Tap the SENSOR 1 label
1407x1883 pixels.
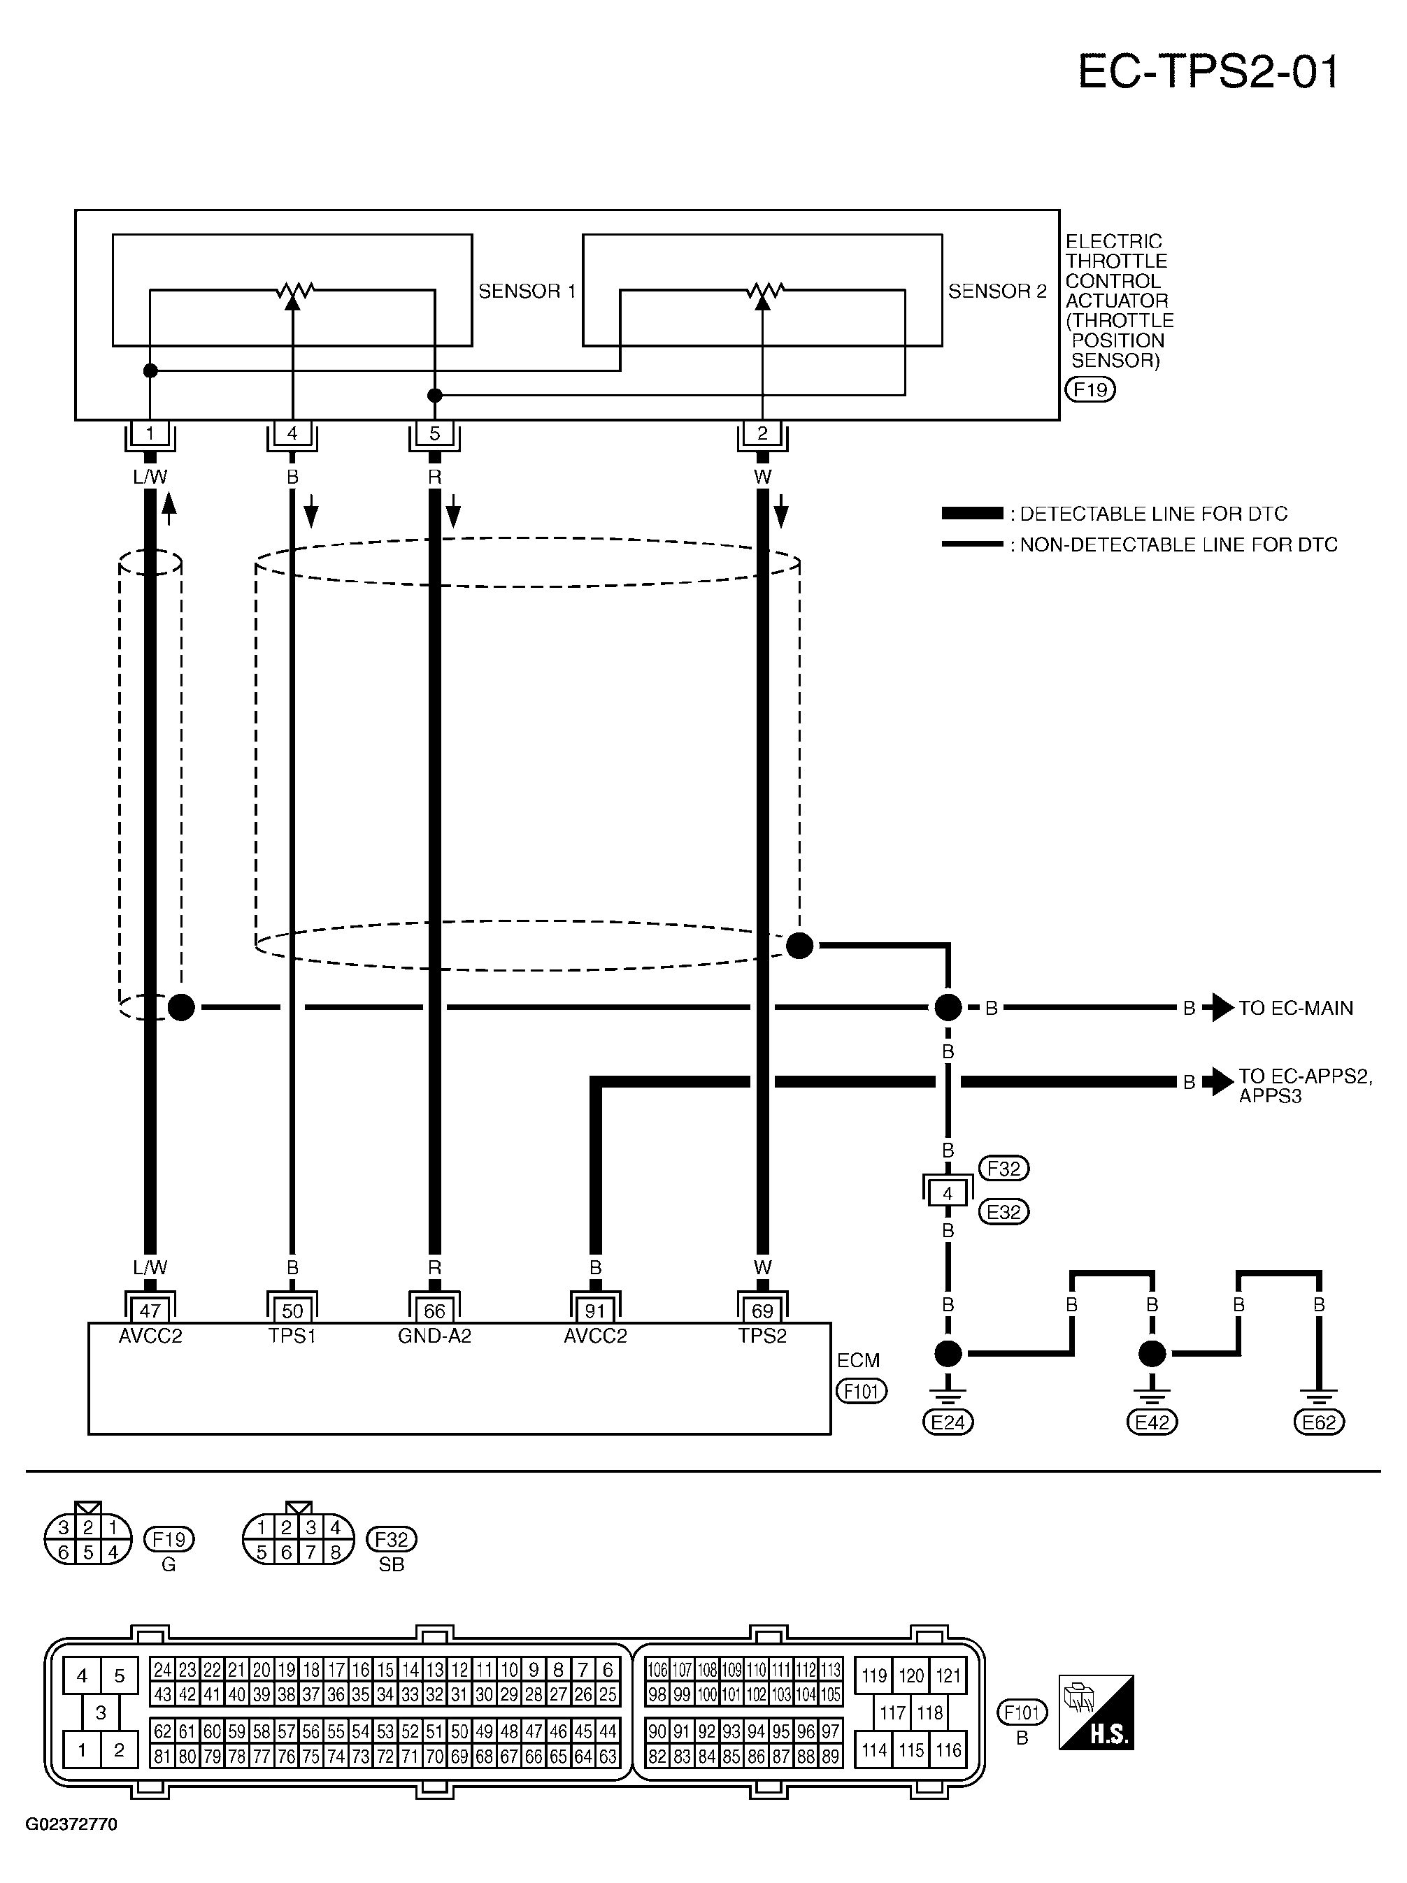click(x=527, y=291)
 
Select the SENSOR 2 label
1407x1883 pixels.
click(x=997, y=291)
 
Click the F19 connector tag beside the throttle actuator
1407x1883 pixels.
click(x=1090, y=390)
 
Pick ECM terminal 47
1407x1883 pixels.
click(x=150, y=1311)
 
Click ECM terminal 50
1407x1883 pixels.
click(x=292, y=1311)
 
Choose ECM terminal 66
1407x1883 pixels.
click(x=434, y=1311)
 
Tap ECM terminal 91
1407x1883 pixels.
click(x=595, y=1311)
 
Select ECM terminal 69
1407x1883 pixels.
click(x=762, y=1311)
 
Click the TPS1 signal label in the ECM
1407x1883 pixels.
click(x=292, y=1336)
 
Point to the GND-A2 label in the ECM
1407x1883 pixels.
click(x=434, y=1336)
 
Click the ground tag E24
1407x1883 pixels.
click(x=948, y=1422)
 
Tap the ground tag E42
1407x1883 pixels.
click(x=1152, y=1422)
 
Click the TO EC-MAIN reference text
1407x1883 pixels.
click(x=1295, y=1008)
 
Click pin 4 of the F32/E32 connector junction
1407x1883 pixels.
click(x=948, y=1193)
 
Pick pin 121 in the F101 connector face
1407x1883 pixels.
click(x=948, y=1676)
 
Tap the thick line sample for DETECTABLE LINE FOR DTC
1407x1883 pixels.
click(x=973, y=513)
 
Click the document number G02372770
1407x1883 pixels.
click(x=71, y=1824)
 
